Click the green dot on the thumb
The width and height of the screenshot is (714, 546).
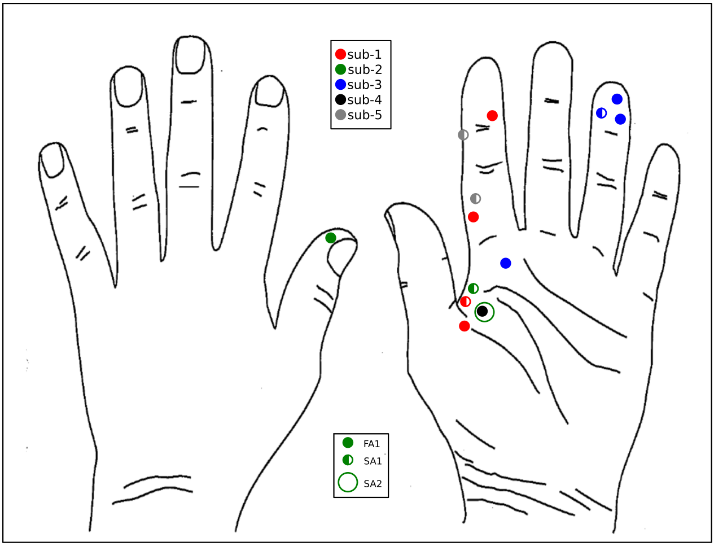pos(331,238)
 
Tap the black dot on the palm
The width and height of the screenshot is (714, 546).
pos(482,311)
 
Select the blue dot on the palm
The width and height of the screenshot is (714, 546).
pos(506,263)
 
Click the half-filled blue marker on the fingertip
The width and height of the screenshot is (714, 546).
pos(602,113)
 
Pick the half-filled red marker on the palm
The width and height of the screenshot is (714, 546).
pos(466,302)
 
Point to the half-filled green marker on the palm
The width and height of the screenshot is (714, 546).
pos(474,289)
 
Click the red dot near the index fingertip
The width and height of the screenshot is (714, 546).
pos(492,116)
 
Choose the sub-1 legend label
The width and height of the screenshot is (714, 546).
pos(365,55)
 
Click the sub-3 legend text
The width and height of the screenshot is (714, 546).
pos(365,85)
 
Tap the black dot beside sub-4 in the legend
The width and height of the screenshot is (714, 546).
pos(340,100)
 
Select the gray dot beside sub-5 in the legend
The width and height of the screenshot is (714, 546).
pos(340,115)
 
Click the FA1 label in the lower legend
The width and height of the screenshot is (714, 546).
pos(372,444)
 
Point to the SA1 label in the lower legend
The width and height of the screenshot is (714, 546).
pos(373,461)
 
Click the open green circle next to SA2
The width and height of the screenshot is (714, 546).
pos(348,483)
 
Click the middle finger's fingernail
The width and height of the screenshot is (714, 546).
pos(189,55)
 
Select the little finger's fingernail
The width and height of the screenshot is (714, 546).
pos(54,160)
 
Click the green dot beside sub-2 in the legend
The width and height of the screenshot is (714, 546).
pos(340,70)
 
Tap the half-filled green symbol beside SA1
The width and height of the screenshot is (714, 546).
pos(348,460)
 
